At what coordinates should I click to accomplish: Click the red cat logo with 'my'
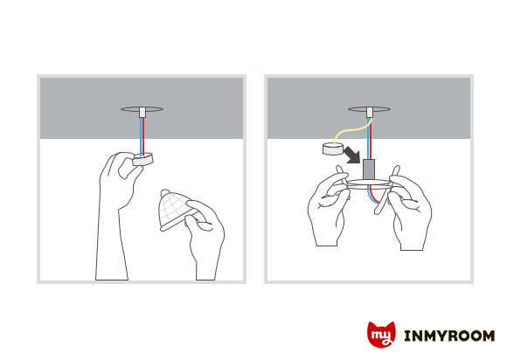pyautogui.click(x=381, y=335)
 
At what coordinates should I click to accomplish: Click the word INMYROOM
pyautogui.click(x=449, y=336)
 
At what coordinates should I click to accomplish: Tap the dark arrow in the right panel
pyautogui.click(x=351, y=155)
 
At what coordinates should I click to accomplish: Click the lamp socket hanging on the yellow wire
pyautogui.click(x=333, y=149)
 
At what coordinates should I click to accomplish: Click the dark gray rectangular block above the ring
pyautogui.click(x=369, y=169)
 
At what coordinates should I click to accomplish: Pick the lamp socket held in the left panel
pyautogui.click(x=142, y=159)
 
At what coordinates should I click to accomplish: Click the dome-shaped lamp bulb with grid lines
pyautogui.click(x=175, y=210)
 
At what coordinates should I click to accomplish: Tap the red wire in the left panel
pyautogui.click(x=143, y=135)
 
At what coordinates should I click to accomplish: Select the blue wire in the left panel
pyautogui.click(x=141, y=135)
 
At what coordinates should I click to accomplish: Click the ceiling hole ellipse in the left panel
pyautogui.click(x=142, y=109)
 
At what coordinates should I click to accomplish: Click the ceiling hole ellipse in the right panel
pyautogui.click(x=369, y=109)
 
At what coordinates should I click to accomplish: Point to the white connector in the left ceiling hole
pyautogui.click(x=142, y=112)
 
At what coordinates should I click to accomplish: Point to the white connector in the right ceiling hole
pyautogui.click(x=370, y=112)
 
